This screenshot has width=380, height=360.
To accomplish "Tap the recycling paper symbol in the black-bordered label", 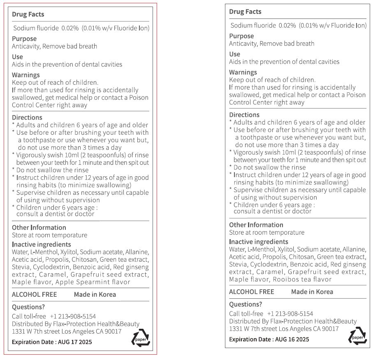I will pyautogui.click(x=357, y=335).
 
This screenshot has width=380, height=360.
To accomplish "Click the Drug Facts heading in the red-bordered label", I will pyautogui.click(x=28, y=14).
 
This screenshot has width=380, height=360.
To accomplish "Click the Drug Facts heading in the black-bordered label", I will pyautogui.click(x=245, y=12).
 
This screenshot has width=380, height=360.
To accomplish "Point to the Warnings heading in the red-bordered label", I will pyautogui.click(x=26, y=75).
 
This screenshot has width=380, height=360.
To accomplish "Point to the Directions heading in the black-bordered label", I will pyautogui.click(x=244, y=115).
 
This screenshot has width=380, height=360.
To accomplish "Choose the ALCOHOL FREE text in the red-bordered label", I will pyautogui.click(x=35, y=294).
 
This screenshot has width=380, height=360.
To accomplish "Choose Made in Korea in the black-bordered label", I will pyautogui.click(x=312, y=292).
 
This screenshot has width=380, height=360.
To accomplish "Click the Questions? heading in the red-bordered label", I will pyautogui.click(x=28, y=307).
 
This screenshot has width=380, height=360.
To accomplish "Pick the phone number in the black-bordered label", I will pyautogui.click(x=290, y=314).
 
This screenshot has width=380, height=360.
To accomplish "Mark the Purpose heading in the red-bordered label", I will pyautogui.click(x=24, y=39).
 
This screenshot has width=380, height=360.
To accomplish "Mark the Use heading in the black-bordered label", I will pyautogui.click(x=234, y=54).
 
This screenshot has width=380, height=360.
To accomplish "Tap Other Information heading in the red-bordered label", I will pyautogui.click(x=39, y=227).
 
